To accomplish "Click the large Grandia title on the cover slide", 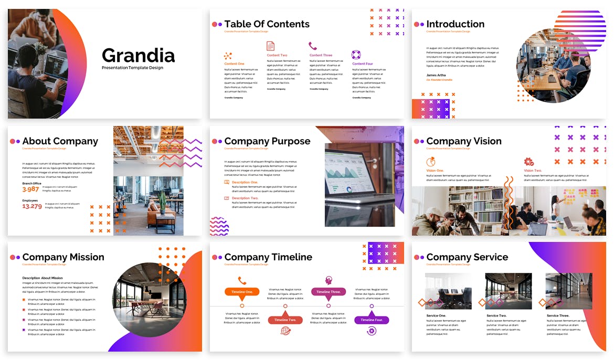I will click(x=138, y=55).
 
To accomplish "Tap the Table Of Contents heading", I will click(x=267, y=24).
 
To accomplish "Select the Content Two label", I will click(x=277, y=55).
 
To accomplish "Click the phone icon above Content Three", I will click(x=313, y=46).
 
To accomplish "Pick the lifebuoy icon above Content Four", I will click(x=356, y=55).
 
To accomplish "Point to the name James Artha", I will click(x=437, y=75).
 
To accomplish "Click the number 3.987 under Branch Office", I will click(x=31, y=189).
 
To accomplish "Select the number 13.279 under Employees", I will click(x=32, y=206).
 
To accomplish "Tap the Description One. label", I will click(x=245, y=182).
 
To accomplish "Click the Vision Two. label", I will click(x=533, y=171).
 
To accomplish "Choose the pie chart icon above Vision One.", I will click(x=431, y=162).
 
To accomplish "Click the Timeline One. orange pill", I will click(x=242, y=292).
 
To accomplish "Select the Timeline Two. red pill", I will click(x=285, y=320).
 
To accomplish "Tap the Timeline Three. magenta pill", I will click(x=329, y=292).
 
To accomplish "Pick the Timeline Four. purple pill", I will click(x=372, y=320).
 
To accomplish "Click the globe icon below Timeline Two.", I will click(x=285, y=331).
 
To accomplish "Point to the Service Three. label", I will click(x=558, y=316).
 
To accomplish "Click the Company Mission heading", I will click(x=63, y=257).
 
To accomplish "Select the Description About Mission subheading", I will click(x=43, y=278).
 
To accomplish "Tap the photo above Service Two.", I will click(x=509, y=291).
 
